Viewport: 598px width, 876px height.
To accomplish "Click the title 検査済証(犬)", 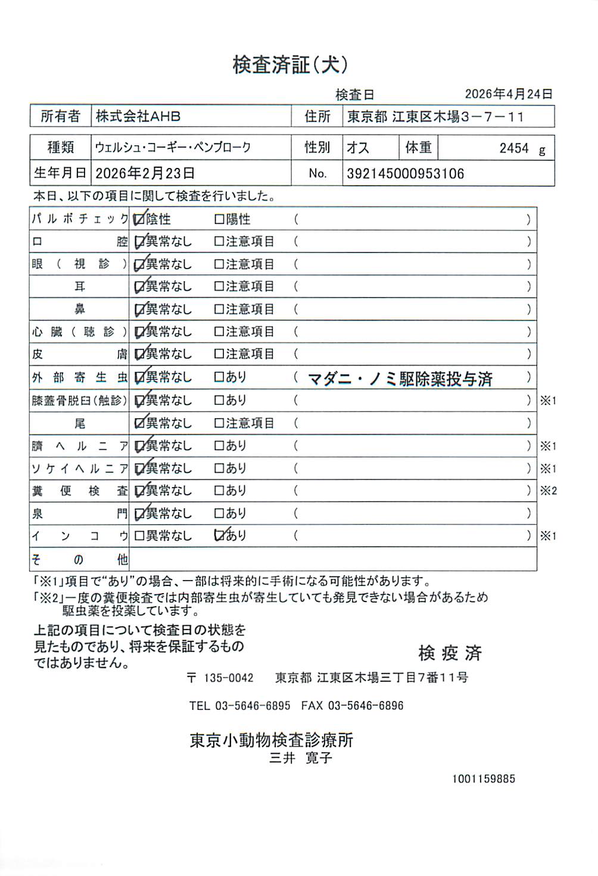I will [290, 64].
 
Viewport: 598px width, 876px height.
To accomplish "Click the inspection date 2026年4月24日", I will [508, 94].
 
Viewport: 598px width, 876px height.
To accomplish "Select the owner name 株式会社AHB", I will [138, 116].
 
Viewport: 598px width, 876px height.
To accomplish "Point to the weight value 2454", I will [513, 148].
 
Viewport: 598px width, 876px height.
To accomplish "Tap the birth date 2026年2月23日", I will [145, 173].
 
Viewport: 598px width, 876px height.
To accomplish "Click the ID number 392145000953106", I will [405, 174].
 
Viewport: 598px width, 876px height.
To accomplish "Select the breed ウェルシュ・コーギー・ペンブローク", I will [173, 148].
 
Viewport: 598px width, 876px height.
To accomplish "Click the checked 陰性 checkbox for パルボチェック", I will [139, 220].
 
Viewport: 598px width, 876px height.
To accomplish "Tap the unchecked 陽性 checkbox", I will [219, 220].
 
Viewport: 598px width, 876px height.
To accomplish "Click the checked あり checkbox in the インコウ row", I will [219, 535].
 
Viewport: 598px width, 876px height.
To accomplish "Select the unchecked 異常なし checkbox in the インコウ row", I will [139, 536].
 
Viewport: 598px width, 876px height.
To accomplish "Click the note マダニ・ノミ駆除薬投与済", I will [400, 379].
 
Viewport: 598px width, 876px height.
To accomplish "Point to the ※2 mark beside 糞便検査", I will [548, 491].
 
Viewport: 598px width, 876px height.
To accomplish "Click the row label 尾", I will [80, 423].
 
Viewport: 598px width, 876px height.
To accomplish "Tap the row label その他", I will [80, 560].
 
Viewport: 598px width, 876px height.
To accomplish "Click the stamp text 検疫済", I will [450, 653].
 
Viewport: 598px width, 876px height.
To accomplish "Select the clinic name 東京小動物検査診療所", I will [272, 740].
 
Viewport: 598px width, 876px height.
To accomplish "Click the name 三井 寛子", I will [301, 758].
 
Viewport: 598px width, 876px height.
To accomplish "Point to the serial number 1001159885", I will [483, 779].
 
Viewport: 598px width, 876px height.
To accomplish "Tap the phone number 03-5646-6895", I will [253, 706].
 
